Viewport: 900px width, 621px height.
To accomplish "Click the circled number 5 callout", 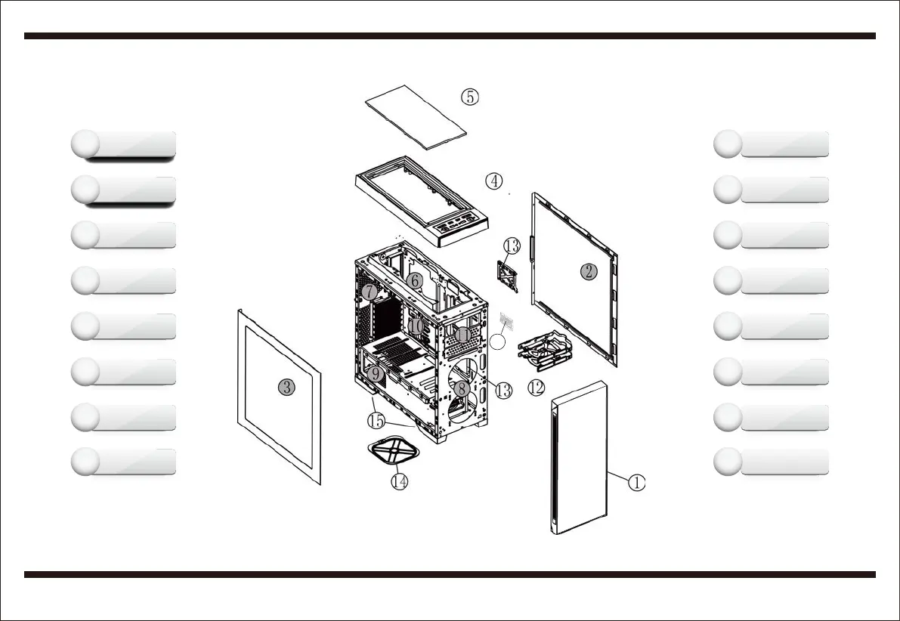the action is pyautogui.click(x=470, y=97).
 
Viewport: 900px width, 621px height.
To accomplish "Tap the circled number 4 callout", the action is pyautogui.click(x=493, y=181).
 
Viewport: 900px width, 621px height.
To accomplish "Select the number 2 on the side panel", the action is pyautogui.click(x=589, y=272).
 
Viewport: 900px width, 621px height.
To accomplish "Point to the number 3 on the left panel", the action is pyautogui.click(x=286, y=388).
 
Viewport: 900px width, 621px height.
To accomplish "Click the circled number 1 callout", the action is pyautogui.click(x=636, y=483).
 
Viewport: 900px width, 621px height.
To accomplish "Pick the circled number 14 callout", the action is pyautogui.click(x=400, y=480).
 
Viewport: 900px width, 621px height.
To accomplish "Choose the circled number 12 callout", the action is pyautogui.click(x=536, y=388).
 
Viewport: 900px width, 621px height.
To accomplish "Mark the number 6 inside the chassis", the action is pyautogui.click(x=413, y=280).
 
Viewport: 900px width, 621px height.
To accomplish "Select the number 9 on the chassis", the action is pyautogui.click(x=376, y=373).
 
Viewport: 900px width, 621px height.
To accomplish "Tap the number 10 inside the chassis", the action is pyautogui.click(x=416, y=326).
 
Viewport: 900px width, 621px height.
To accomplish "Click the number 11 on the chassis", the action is pyautogui.click(x=462, y=334).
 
